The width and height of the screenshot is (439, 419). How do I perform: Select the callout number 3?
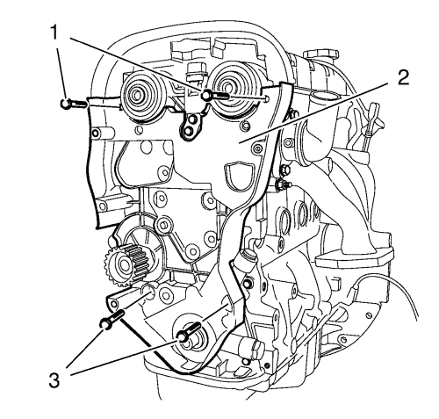54,380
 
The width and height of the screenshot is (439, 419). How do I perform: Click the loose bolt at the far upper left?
74,104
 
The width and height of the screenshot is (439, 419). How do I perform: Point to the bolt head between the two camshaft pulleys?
206,95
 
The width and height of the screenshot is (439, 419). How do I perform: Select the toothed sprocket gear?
125,264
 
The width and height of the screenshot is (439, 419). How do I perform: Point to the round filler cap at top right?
320,54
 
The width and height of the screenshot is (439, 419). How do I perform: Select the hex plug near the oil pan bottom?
251,350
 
